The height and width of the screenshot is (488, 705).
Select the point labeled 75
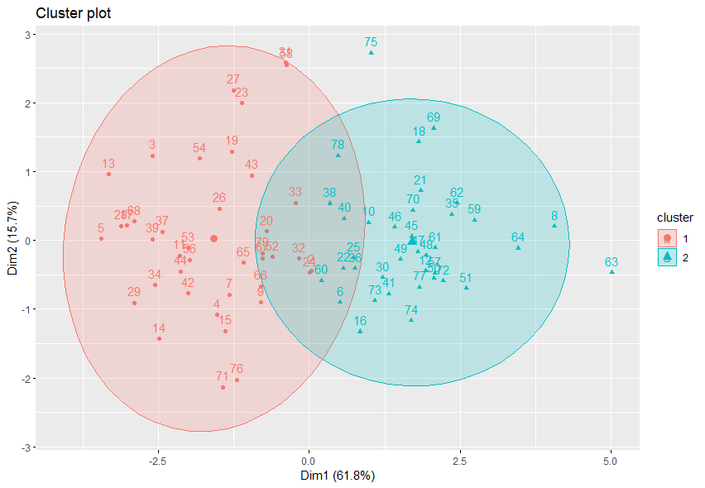[371, 53]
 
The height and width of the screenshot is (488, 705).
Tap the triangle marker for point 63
[612, 272]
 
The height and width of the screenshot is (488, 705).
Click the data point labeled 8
[554, 226]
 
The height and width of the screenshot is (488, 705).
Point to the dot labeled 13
[108, 175]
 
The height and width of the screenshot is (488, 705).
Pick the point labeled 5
[101, 238]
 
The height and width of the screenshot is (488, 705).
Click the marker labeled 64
[518, 247]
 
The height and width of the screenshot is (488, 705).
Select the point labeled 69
[434, 128]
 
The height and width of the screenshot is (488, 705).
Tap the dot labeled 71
[223, 387]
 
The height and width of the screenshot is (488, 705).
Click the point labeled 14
[159, 338]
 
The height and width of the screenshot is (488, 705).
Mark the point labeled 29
[134, 303]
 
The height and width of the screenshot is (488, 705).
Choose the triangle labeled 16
[360, 331]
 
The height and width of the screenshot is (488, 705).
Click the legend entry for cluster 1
[667, 238]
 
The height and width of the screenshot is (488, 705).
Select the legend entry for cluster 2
[667, 257]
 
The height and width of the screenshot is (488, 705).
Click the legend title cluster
[674, 217]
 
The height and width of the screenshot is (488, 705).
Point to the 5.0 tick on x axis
[611, 460]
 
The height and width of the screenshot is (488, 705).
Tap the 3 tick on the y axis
[27, 35]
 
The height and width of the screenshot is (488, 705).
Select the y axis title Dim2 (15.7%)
[10, 240]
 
